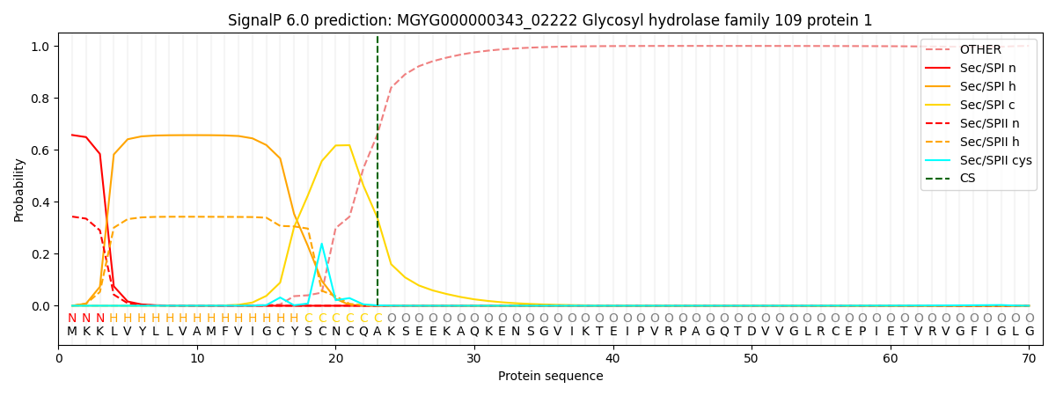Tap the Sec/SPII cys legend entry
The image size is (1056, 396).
coord(979,160)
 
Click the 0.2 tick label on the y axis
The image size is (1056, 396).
coord(40,254)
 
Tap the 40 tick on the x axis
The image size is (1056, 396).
coord(612,347)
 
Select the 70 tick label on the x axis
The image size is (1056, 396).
coord(1029,359)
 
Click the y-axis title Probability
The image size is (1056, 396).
coord(18,190)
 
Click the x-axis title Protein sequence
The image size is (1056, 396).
coord(551,377)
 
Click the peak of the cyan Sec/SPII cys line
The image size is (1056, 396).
coord(322,244)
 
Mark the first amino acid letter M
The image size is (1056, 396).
coord(72,332)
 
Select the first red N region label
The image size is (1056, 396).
coord(72,319)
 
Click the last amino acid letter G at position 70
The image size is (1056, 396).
coord(1030,332)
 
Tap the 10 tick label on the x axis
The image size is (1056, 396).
coord(197,359)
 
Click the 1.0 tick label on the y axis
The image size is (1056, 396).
coord(40,46)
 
